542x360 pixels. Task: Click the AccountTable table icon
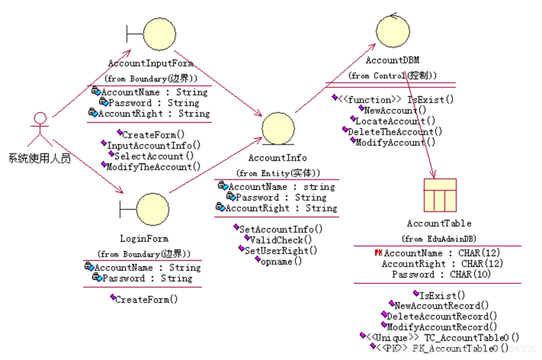(x=440, y=195)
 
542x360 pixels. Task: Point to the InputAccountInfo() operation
(x=154, y=145)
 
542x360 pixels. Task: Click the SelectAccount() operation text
(x=154, y=156)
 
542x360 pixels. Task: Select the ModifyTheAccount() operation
(x=153, y=167)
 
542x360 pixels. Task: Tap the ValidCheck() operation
(x=278, y=239)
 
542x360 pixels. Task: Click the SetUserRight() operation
(x=281, y=251)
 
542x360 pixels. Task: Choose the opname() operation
(x=281, y=261)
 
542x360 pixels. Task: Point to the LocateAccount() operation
(x=395, y=121)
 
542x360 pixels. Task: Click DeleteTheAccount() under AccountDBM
(x=395, y=131)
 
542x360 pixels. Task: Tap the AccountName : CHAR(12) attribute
(x=442, y=253)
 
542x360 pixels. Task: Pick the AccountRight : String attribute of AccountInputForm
(x=154, y=114)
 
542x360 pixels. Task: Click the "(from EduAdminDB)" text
(x=439, y=239)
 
